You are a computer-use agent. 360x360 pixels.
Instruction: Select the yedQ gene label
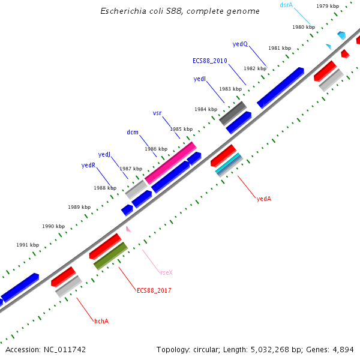point(240,44)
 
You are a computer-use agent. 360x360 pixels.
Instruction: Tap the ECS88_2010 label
point(209,61)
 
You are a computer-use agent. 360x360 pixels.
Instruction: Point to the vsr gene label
point(157,113)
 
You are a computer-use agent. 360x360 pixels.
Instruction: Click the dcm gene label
point(133,132)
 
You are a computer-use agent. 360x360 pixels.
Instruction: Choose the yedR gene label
point(88,165)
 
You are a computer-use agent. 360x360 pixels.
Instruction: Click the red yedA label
point(264,198)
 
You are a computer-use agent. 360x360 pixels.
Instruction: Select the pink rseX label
point(166,272)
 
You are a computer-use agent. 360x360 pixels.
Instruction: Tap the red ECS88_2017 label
point(154,290)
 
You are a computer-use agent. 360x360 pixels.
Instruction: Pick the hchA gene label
point(101,322)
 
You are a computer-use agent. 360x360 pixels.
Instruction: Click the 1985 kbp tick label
point(181,129)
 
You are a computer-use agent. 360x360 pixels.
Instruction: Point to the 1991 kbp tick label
point(28,245)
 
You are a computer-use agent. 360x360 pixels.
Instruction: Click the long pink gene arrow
point(171,163)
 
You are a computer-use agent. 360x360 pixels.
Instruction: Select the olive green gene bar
point(110,256)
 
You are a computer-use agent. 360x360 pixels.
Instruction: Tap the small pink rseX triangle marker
point(128,229)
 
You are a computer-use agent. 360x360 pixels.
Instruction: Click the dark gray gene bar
point(233,113)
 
